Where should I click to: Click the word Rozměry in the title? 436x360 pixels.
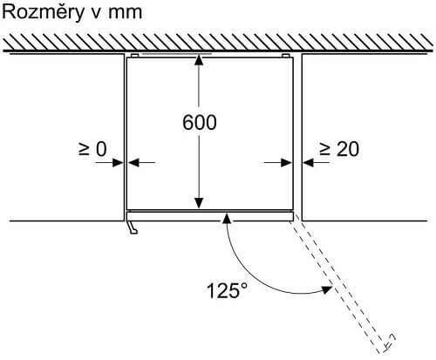43,13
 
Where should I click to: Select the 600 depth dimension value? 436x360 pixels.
200,122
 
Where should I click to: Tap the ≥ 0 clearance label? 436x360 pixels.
92,149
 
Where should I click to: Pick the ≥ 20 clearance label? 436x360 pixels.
339,149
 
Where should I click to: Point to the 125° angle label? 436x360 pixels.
228,290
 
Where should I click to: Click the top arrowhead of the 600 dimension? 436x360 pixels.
199,59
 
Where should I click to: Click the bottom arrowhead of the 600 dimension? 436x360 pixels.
199,203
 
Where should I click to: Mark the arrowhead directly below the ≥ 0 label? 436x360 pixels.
119,163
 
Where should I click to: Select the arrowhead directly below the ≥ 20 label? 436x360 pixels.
308,163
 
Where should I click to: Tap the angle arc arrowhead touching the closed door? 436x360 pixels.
227,218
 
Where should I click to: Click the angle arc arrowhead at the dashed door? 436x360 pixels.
326,289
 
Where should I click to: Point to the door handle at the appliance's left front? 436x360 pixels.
133,228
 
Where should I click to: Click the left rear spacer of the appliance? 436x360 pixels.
135,55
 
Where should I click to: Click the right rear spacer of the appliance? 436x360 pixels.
285,55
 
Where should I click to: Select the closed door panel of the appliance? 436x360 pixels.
209,216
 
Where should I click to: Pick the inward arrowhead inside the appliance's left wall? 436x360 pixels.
133,163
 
